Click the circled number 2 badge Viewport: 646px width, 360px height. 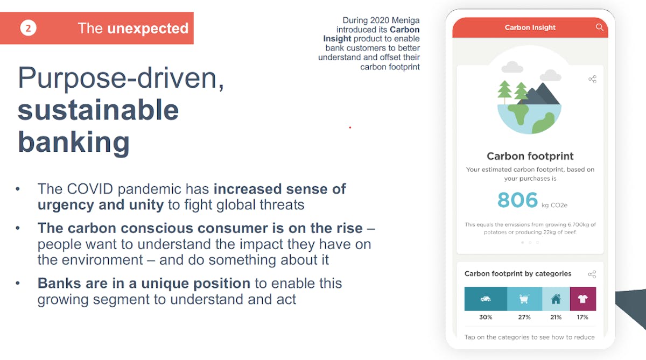pos(28,28)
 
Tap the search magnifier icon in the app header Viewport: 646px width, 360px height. pos(600,27)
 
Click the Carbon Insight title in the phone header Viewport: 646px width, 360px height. pos(530,27)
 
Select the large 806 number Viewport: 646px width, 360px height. pos(517,200)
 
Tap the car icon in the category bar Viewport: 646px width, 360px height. pos(486,299)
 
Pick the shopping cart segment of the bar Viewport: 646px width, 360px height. pos(524,299)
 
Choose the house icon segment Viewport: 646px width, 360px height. pos(556,299)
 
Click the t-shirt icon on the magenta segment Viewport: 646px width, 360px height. pos(583,299)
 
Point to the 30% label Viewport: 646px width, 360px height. pos(486,317)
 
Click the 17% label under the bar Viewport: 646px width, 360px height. pos(582,317)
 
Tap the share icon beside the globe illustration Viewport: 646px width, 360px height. pos(592,79)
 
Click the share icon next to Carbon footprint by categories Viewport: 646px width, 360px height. pos(592,274)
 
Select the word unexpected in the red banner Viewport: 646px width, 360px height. pos(148,28)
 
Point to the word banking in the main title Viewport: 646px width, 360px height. pos(74,143)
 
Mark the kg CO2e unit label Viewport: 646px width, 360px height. pos(554,205)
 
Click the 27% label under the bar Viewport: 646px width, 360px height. pos(524,317)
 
